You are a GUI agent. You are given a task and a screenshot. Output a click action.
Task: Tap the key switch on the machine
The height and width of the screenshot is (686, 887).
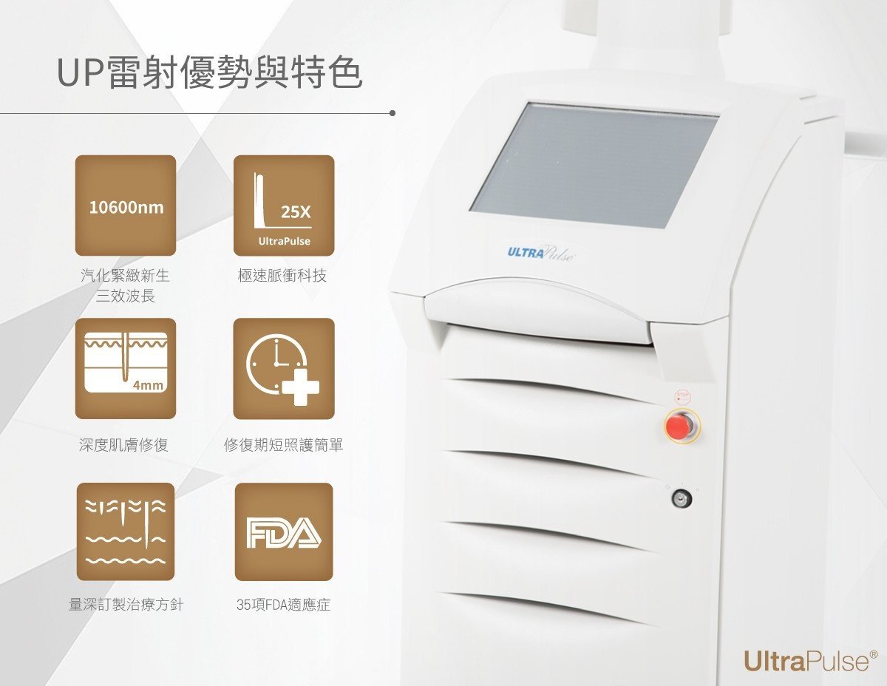click(x=682, y=499)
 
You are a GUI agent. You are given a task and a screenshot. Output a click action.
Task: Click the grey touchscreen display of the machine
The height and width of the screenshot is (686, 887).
click(x=594, y=165)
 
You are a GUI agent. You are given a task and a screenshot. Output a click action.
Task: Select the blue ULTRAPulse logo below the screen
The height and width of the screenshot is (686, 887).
click(x=541, y=253)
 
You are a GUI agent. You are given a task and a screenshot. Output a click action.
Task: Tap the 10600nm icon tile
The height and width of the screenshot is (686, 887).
click(x=126, y=206)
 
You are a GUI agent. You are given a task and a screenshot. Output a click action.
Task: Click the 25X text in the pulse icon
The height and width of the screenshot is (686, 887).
click(x=296, y=212)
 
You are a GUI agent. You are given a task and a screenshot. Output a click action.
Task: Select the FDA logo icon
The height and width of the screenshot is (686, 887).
click(x=284, y=532)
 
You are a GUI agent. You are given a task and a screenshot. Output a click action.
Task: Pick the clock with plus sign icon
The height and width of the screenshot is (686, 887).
click(x=284, y=369)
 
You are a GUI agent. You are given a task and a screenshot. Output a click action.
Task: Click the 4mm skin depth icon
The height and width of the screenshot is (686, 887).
click(x=126, y=369)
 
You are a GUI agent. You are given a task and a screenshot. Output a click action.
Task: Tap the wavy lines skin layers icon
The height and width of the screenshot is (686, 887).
click(x=126, y=532)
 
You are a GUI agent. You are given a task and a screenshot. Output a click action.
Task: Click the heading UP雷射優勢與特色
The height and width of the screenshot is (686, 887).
click(x=209, y=73)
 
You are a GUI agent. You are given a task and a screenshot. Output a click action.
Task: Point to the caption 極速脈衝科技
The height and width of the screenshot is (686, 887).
click(x=282, y=276)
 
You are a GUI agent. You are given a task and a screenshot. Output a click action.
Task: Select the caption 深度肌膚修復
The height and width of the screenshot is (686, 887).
click(x=123, y=445)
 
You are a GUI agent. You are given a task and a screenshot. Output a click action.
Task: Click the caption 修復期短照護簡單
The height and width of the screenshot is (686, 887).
click(x=284, y=445)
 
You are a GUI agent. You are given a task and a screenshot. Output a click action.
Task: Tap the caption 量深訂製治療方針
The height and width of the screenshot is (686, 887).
click(x=126, y=605)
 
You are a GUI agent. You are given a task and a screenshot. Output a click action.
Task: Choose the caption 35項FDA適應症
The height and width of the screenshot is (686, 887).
click(x=283, y=605)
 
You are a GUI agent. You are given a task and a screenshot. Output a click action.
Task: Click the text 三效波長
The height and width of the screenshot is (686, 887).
click(x=126, y=296)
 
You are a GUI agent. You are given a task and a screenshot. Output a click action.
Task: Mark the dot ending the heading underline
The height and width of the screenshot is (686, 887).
click(x=392, y=113)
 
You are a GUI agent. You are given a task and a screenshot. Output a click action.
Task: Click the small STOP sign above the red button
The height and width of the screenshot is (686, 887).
click(x=682, y=396)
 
